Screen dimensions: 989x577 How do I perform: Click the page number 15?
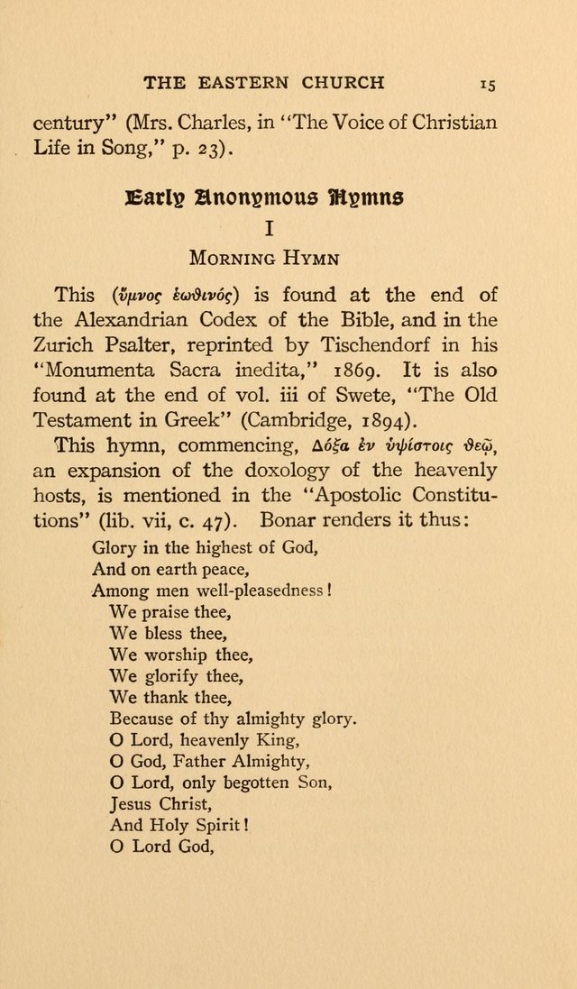pyautogui.click(x=488, y=84)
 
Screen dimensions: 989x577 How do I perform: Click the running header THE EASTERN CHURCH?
pyautogui.click(x=263, y=83)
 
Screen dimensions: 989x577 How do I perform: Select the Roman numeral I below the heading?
pyautogui.click(x=269, y=229)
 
